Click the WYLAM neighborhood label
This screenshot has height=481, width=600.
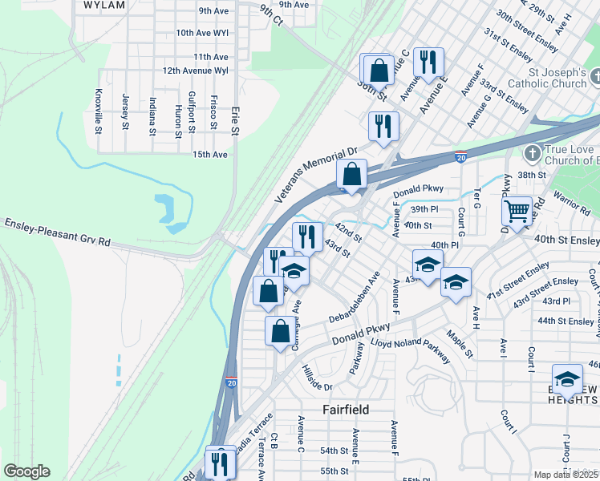click(x=104, y=5)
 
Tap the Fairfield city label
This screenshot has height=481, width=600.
click(x=346, y=410)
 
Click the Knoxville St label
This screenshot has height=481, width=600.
click(x=99, y=111)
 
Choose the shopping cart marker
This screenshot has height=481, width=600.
click(x=517, y=211)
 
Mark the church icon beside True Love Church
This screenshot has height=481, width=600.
click(x=531, y=152)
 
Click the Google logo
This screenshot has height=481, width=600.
click(x=26, y=471)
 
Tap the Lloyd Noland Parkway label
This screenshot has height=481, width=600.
click(x=410, y=350)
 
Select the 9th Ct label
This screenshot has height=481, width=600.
click(x=271, y=14)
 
